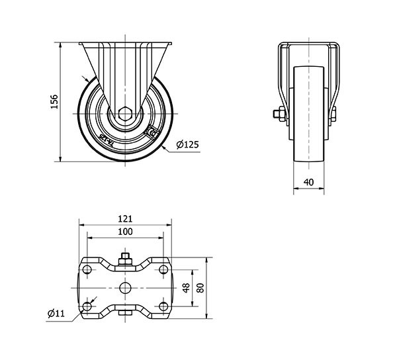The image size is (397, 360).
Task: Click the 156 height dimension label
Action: click(55, 101)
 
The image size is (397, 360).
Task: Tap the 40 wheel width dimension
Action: click(308, 181)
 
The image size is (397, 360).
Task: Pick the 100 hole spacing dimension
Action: click(125, 232)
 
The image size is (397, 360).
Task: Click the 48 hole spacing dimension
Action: click(186, 288)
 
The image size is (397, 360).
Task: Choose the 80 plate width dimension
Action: click(200, 288)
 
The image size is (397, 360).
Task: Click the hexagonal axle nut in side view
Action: click(126, 113)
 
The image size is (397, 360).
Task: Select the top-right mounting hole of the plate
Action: click(163, 269)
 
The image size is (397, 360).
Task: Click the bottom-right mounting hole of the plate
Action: click(163, 306)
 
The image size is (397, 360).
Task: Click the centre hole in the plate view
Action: click(126, 287)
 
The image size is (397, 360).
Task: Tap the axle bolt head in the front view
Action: click(278, 114)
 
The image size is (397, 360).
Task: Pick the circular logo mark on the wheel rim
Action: click(152, 134)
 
